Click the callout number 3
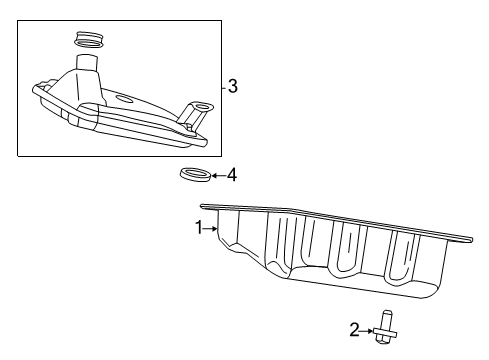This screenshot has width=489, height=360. [232, 87]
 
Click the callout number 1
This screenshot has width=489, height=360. [198, 228]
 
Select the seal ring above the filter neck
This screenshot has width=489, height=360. [89, 40]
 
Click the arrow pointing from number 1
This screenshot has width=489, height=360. [211, 229]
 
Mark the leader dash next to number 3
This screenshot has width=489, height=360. [223, 87]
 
